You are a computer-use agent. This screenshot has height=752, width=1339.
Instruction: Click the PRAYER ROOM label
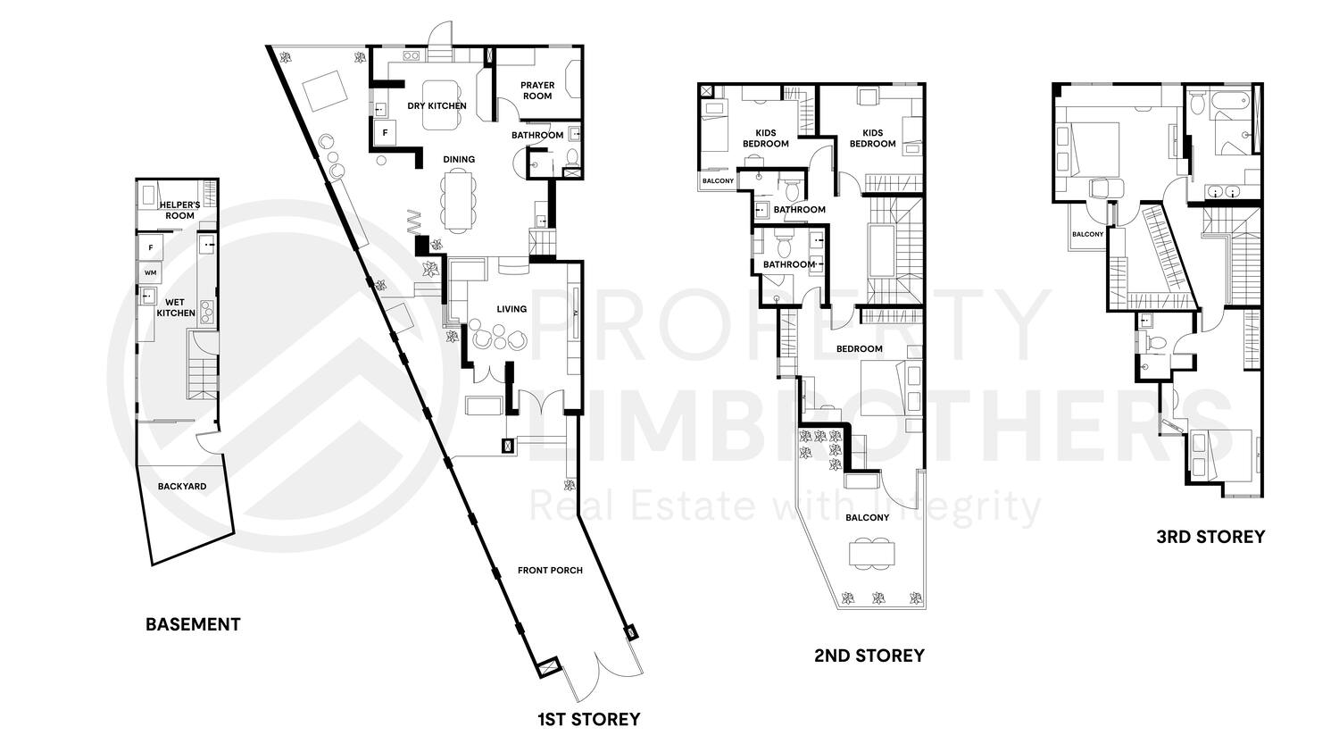[537, 90]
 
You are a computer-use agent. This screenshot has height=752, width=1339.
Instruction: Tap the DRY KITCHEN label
[437, 105]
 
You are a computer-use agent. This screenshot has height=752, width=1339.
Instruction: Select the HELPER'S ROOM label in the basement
[178, 210]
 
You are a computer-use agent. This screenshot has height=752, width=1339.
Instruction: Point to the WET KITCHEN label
[176, 308]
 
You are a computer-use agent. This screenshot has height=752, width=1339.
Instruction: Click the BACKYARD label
[182, 487]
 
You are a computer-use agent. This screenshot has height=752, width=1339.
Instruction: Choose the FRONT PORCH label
[550, 570]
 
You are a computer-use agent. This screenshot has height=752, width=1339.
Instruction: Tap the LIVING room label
[511, 309]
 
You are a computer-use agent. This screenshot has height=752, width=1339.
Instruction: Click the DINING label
[459, 160]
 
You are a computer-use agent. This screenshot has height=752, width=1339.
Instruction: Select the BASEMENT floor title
[193, 624]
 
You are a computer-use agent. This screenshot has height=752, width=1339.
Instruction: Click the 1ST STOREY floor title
[588, 719]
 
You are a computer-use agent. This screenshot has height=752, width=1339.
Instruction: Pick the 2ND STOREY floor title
[869, 656]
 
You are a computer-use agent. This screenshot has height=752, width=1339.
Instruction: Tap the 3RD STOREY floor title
[1210, 537]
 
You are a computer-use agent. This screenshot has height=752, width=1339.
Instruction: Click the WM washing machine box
[149, 272]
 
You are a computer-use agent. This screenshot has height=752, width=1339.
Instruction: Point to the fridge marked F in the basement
[151, 246]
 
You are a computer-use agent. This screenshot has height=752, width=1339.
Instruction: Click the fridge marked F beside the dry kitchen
[386, 133]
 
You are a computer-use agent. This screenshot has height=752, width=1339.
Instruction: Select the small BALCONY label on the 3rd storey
[1087, 235]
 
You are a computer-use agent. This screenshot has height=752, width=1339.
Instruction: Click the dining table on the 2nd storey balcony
[871, 554]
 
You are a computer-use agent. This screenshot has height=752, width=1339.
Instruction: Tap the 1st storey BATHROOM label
[537, 136]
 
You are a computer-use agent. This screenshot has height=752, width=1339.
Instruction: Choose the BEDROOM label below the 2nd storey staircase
[859, 349]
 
